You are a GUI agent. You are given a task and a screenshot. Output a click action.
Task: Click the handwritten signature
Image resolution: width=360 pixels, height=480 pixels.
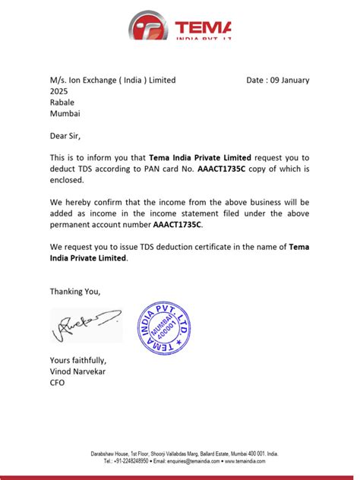85,325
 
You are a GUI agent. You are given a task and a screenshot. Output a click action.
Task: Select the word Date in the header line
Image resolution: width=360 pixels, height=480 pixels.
257,80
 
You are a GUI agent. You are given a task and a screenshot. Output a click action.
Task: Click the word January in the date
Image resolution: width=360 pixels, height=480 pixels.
292,80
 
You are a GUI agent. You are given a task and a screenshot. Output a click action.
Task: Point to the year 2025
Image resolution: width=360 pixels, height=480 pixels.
60,91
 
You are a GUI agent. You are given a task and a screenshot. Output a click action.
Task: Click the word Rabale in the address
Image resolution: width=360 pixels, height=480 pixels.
64,103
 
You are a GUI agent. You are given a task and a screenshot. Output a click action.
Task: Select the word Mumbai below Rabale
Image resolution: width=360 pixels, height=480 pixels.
65,114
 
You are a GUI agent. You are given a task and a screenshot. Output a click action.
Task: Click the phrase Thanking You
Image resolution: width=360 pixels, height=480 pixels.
75,292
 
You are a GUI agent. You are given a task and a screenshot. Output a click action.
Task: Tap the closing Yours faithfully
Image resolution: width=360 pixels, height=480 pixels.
78,360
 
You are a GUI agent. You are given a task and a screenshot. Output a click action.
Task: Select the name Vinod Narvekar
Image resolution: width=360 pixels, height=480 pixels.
79,371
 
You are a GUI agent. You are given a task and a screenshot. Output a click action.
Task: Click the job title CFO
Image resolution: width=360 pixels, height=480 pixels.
58,383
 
